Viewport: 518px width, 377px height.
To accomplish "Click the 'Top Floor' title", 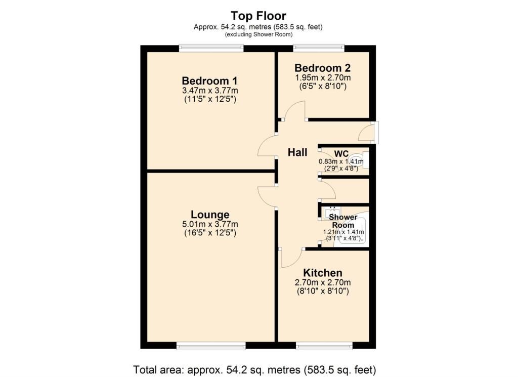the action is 258,16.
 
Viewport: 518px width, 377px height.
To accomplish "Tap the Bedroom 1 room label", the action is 210,80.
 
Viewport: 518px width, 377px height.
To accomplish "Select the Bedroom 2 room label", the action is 322,68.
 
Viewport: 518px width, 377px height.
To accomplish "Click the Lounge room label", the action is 210,215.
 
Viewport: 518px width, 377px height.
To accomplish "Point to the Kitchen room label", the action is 323,273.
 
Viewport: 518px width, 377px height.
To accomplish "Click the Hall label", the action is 297,152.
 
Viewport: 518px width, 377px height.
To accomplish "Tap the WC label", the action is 341,154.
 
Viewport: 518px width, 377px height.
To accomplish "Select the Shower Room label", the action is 343,221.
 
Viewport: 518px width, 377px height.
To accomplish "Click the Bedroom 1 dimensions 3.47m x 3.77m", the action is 210,91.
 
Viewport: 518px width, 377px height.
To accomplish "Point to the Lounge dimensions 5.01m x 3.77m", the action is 210,224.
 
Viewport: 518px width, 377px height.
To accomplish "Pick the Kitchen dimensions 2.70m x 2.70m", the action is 323,282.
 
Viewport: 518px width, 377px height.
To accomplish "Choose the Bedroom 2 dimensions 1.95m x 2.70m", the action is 323,78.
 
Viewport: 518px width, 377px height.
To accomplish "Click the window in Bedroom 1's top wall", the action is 211,48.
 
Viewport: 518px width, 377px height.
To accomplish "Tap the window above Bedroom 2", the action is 319,48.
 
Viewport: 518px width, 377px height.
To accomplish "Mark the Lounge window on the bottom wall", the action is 211,346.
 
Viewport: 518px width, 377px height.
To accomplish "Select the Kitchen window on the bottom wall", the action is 324,346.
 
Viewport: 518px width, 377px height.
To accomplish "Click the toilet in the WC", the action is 359,160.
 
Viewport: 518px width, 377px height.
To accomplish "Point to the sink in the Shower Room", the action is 333,212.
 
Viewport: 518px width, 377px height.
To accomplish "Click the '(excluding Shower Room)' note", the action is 258,34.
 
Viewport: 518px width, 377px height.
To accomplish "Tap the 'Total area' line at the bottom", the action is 255,369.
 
